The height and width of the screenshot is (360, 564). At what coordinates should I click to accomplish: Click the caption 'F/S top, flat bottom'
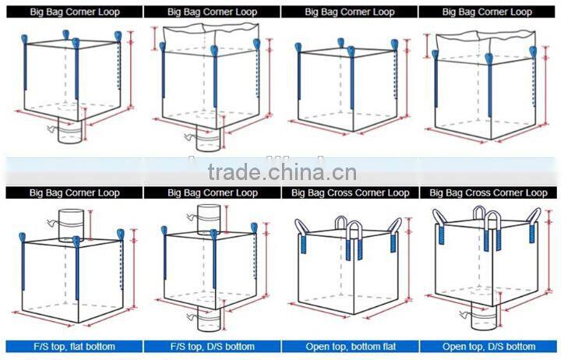click(x=75, y=347)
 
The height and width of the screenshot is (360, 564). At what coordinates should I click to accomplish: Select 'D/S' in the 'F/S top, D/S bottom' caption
click(x=220, y=347)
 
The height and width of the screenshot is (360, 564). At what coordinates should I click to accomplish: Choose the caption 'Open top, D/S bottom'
click(x=488, y=347)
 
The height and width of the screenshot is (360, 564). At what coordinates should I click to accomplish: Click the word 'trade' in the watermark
click(x=234, y=172)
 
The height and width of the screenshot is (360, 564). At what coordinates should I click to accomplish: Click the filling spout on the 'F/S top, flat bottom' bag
click(x=71, y=225)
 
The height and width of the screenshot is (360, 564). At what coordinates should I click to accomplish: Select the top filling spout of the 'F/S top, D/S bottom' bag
click(x=209, y=219)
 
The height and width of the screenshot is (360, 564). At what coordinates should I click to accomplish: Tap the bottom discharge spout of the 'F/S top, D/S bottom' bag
click(x=209, y=319)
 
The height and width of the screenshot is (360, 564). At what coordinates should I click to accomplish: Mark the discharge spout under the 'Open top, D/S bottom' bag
click(x=485, y=316)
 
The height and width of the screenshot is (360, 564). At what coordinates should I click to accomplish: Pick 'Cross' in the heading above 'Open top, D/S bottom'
click(x=479, y=193)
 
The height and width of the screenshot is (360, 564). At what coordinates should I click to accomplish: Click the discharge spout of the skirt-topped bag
click(x=208, y=139)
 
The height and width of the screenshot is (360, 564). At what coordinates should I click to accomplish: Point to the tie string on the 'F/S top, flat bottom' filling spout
click(x=52, y=223)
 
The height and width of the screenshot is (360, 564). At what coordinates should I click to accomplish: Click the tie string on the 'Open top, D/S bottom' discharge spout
click(x=465, y=315)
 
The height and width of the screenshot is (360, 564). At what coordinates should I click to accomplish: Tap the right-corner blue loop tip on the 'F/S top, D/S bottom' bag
click(x=254, y=228)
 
